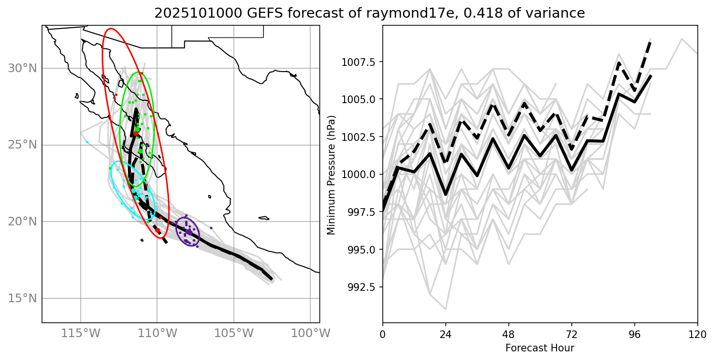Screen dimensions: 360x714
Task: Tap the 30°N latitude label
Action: pyautogui.click(x=23, y=69)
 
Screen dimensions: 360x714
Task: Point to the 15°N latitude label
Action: pyautogui.click(x=23, y=298)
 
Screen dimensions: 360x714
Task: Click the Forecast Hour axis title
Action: pyautogui.click(x=540, y=348)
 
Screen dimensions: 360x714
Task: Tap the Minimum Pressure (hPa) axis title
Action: pyautogui.click(x=331, y=175)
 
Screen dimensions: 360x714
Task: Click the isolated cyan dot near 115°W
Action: pyautogui.click(x=87, y=142)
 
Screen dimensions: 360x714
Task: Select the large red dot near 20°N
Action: pyautogui.click(x=157, y=230)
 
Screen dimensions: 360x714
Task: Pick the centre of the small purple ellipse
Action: pyautogui.click(x=188, y=232)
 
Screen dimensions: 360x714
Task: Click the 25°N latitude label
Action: pyautogui.click(x=23, y=145)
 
